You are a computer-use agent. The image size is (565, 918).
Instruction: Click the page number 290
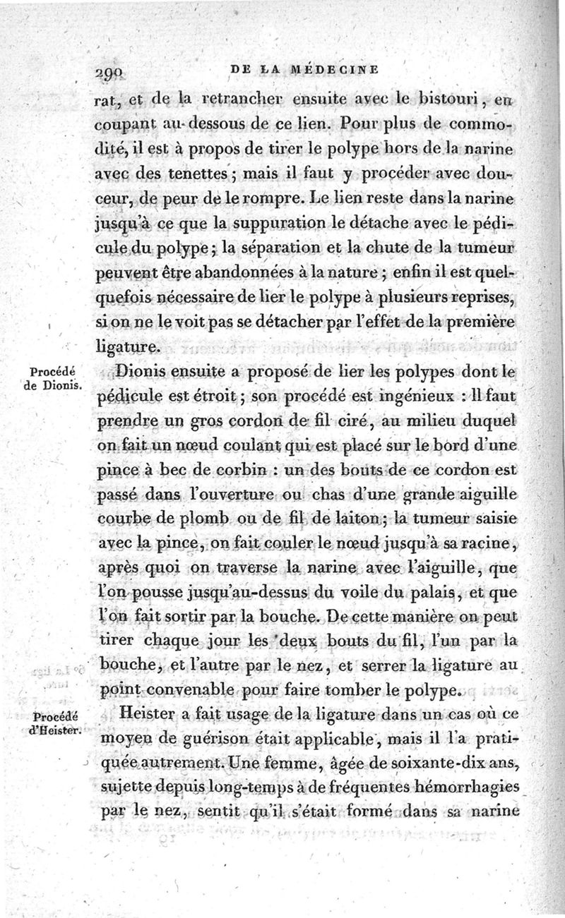pos(109,71)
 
